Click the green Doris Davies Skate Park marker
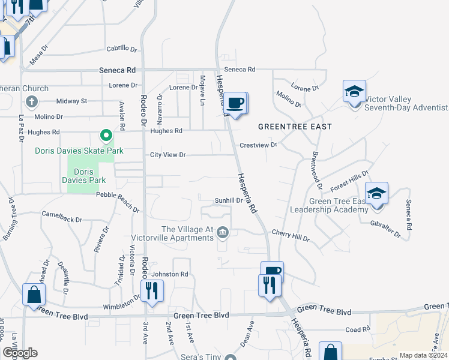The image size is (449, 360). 106,136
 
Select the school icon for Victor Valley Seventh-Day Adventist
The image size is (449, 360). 354,92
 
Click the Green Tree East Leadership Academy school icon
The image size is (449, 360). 376,194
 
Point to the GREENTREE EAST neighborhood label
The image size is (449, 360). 295,127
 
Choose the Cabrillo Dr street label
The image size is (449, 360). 122,49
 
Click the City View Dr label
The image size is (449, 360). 168,155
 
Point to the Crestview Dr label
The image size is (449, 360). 258,145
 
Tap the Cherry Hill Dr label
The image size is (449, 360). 290,238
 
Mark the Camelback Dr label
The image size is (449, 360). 62,217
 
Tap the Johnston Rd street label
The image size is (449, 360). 170,274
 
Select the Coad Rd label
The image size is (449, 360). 358,329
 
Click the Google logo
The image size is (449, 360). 20,353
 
